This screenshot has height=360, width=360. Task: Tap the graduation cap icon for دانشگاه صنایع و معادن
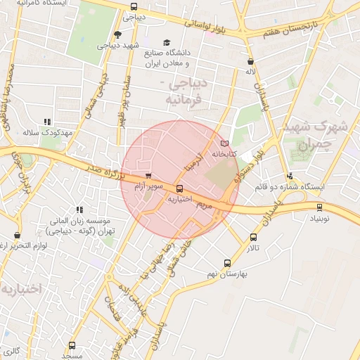167,42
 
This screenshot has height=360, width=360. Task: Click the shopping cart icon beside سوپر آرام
148,176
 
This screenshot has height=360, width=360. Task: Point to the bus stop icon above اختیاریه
181,188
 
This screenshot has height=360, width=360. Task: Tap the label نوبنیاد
320,219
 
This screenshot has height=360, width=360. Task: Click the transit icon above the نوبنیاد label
321,207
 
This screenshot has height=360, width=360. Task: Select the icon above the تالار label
253,238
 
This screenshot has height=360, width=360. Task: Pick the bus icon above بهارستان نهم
226,262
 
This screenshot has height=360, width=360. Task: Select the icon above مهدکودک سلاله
47,122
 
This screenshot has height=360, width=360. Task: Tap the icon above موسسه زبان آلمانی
79,210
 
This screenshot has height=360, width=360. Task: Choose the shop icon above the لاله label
250,61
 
